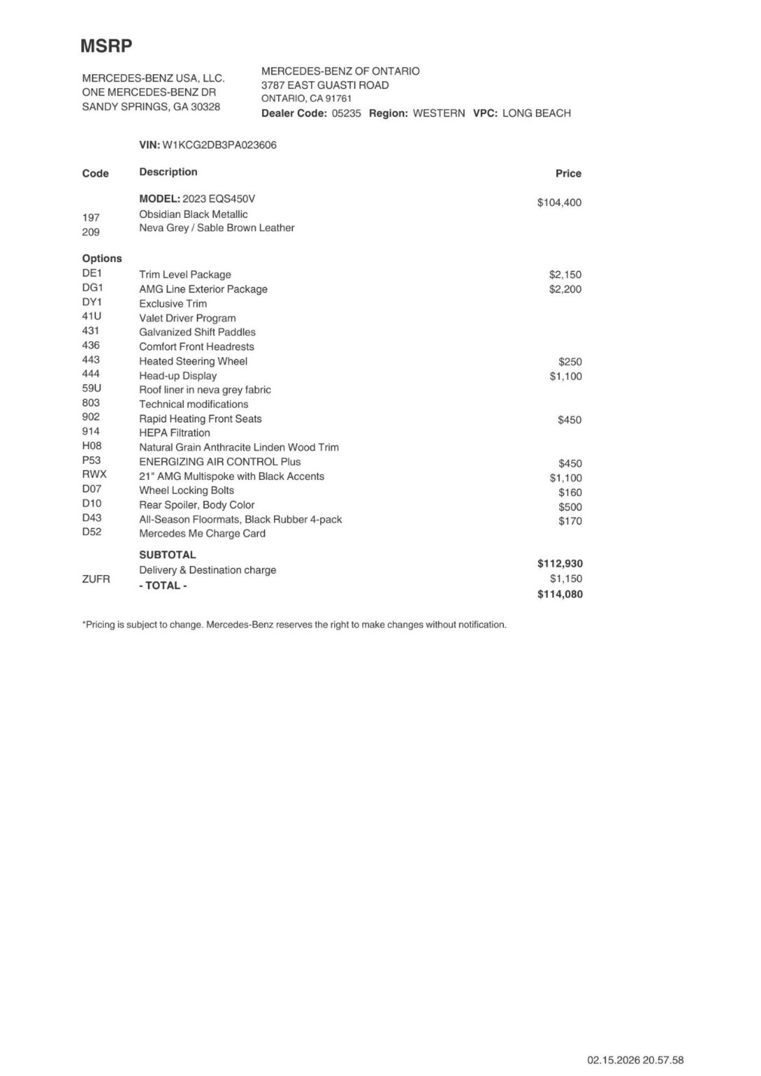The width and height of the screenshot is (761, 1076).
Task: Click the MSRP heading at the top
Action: coord(106,46)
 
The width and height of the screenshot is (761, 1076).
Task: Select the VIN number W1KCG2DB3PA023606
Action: coord(219,145)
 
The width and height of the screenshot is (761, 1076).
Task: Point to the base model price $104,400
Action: coord(559,203)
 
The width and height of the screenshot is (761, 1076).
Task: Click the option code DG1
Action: coord(92,288)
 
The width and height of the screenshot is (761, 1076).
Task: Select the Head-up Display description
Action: coord(178,376)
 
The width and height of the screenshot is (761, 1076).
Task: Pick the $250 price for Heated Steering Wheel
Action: coord(570,362)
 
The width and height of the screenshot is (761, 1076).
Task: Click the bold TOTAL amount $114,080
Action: coord(560,594)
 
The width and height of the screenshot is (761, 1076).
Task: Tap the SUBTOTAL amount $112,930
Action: coord(560,564)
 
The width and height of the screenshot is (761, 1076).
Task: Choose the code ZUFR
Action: coord(96,579)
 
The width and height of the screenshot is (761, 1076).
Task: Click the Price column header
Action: coord(568,174)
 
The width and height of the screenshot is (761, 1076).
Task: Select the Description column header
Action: coord(168,172)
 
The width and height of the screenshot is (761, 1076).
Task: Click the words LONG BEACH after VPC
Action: coord(537,113)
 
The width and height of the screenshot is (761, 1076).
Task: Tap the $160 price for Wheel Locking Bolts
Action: coord(570,493)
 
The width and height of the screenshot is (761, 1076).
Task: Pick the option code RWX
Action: coord(94,474)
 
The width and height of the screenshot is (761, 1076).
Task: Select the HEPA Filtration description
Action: coord(175,433)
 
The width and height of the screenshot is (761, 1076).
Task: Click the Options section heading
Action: coord(102,258)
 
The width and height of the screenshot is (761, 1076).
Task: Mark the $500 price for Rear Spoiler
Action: coord(570,507)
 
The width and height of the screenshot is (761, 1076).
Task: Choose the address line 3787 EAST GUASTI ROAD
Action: coord(325,85)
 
